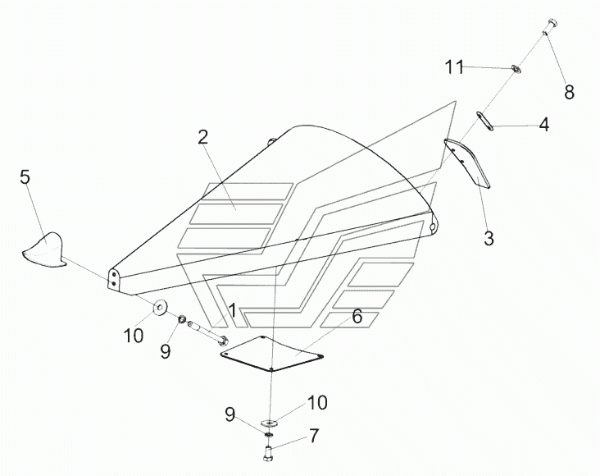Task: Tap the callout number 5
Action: point(25,176)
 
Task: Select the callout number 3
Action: point(489,239)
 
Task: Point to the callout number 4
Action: point(543,126)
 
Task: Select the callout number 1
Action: point(233,311)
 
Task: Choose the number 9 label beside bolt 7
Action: point(230,414)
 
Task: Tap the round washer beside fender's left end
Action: point(160,308)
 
